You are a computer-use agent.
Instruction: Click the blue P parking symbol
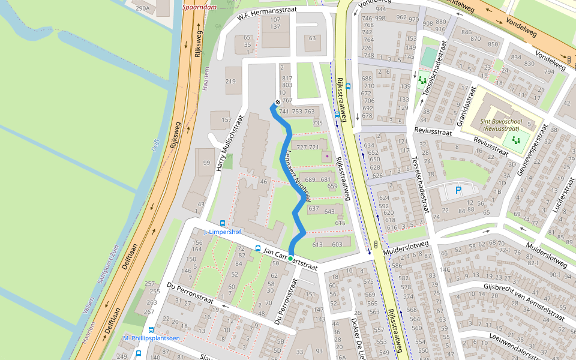click(x=458, y=191)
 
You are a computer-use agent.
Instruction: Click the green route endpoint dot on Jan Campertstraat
click(x=290, y=259)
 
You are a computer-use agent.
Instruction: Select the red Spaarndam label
click(x=200, y=8)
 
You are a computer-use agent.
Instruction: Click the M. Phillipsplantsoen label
click(x=151, y=338)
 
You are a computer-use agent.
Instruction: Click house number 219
click(x=230, y=82)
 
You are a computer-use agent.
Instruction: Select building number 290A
click(x=142, y=8)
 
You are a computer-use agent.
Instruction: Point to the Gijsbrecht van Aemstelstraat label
click(x=523, y=301)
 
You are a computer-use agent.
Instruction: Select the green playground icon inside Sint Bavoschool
click(x=514, y=140)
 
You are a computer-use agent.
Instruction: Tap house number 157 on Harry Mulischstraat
click(x=226, y=120)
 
